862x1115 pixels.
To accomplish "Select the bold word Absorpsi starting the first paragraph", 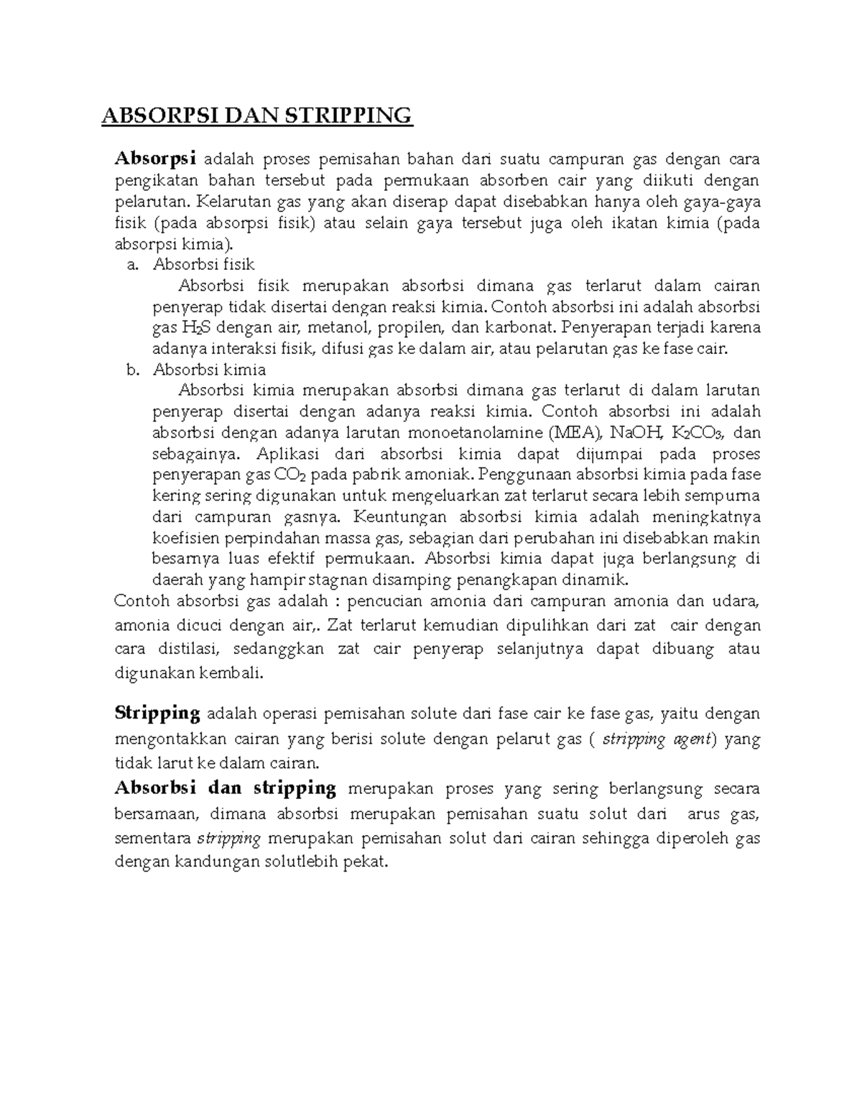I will pyautogui.click(x=155, y=159).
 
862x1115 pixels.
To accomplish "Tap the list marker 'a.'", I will pyautogui.click(x=131, y=265).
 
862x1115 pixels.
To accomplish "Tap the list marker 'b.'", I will pyautogui.click(x=131, y=370).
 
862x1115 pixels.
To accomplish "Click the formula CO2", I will pyautogui.click(x=290, y=475).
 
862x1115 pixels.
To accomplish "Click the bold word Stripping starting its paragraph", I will pyautogui.click(x=157, y=713).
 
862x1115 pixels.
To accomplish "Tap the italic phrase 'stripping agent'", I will pyautogui.click(x=654, y=739).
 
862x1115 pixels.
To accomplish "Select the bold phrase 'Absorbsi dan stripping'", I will pyautogui.click(x=226, y=788).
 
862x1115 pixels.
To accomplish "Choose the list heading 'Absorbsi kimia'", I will pyautogui.click(x=209, y=370).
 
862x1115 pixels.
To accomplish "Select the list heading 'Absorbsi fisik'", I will pyautogui.click(x=203, y=265).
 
